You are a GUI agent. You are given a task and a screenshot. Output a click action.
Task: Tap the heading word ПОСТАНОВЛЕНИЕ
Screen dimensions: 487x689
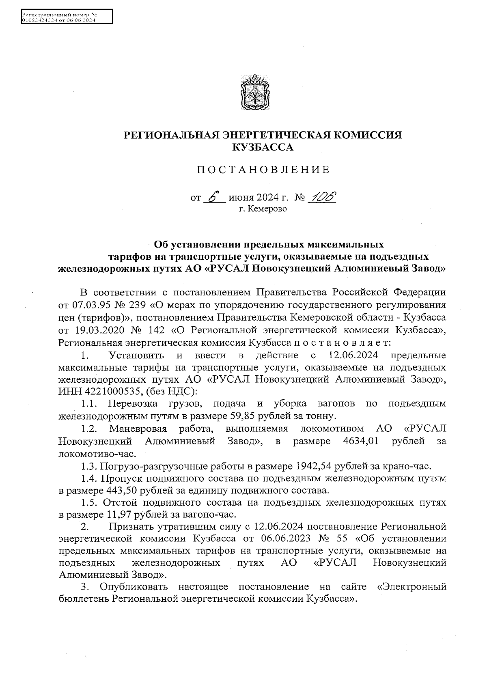(263, 170)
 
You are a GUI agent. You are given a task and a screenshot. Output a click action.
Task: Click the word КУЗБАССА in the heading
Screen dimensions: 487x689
(262, 148)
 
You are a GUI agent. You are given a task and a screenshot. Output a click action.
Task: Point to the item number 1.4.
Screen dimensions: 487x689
(88, 478)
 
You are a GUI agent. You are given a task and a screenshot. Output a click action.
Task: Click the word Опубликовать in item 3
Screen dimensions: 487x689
(134, 587)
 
